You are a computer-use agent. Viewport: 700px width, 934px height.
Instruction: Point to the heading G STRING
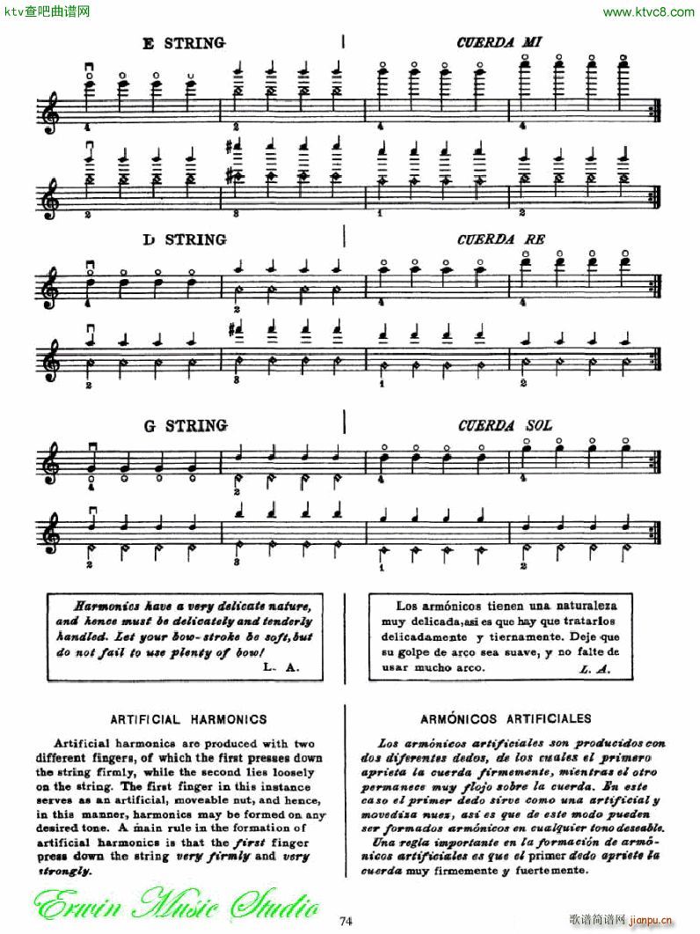click(x=186, y=426)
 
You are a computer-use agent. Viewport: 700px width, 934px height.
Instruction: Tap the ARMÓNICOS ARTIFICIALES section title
click(x=513, y=719)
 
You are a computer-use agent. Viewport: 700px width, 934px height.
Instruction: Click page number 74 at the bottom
click(x=346, y=921)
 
